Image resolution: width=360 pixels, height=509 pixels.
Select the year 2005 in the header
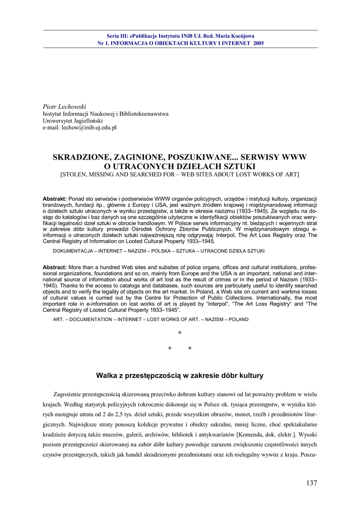coord(259,43)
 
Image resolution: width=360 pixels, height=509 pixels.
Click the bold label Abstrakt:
coord(54,198)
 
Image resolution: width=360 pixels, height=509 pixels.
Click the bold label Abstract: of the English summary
coord(54,267)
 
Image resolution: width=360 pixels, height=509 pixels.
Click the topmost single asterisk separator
coord(180,334)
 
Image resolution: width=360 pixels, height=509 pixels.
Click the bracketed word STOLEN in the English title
coord(74,174)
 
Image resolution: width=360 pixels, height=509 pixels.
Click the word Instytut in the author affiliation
coord(54,114)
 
